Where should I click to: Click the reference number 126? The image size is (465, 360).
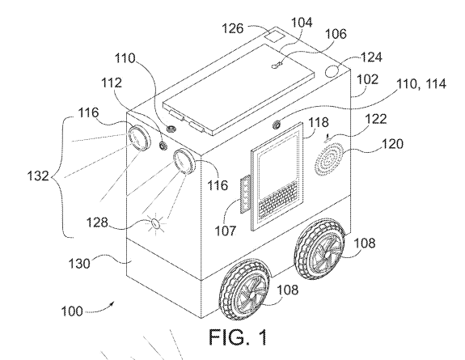(233, 29)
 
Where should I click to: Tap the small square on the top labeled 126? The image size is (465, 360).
(274, 36)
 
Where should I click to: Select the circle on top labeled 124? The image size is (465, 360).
(332, 71)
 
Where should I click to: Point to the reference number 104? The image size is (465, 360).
(302, 23)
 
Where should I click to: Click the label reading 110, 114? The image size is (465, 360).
(421, 84)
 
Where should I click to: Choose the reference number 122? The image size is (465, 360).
(375, 119)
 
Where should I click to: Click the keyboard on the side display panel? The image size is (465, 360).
(278, 200)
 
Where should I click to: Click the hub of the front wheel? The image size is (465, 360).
(252, 295)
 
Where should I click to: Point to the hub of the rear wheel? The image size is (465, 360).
(327, 254)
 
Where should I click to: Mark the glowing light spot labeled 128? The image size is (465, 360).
(156, 223)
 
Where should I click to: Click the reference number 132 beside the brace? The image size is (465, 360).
(38, 176)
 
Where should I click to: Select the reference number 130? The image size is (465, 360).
(79, 263)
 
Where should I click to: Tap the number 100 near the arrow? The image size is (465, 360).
(72, 311)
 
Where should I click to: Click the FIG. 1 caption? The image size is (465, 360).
(238, 337)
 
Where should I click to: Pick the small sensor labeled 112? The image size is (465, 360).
(163, 146)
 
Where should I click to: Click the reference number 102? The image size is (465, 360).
(367, 79)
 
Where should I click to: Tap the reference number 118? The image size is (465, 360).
(319, 122)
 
